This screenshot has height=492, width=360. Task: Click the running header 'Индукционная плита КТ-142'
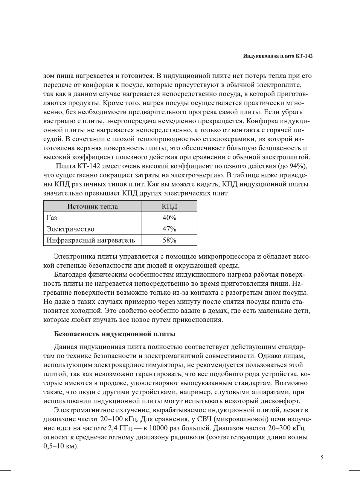click(x=278, y=56)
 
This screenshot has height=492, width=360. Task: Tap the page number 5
click(x=322, y=457)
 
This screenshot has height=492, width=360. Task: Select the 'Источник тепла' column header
click(x=92, y=206)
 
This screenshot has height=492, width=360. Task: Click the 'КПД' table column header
click(x=169, y=206)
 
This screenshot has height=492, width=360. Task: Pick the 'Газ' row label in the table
click(x=52, y=218)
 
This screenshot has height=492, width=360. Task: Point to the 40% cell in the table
click(x=169, y=218)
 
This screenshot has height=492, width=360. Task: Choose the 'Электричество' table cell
click(x=70, y=229)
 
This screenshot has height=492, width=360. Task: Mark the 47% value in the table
click(x=169, y=229)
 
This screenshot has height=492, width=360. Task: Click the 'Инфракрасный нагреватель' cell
click(x=90, y=240)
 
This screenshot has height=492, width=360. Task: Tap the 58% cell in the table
click(x=169, y=240)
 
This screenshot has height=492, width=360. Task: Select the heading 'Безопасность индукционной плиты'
click(x=115, y=334)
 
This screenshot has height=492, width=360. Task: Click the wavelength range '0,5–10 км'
click(x=60, y=446)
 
